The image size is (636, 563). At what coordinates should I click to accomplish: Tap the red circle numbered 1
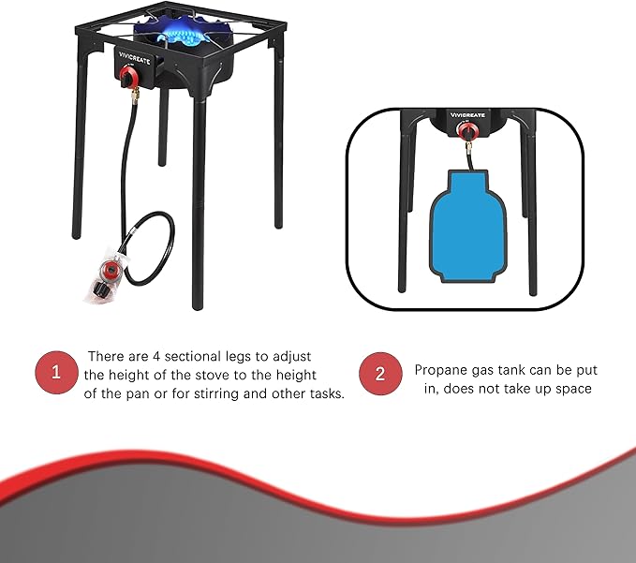55,374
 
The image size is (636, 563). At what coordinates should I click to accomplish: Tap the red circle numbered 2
380,374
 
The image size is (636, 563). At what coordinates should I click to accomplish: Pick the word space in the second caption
572,388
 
